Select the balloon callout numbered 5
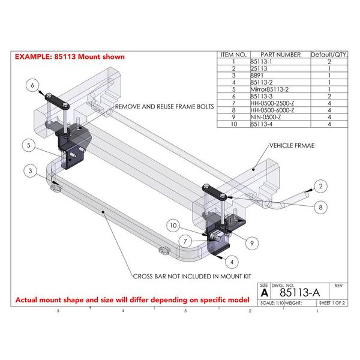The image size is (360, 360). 28,144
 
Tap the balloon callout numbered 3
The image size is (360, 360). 28,171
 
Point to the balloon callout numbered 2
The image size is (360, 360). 320,186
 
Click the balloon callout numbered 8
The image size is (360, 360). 320,207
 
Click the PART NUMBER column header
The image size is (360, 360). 278,55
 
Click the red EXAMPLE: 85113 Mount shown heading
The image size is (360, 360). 70,57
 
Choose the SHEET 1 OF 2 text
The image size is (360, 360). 332,304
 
